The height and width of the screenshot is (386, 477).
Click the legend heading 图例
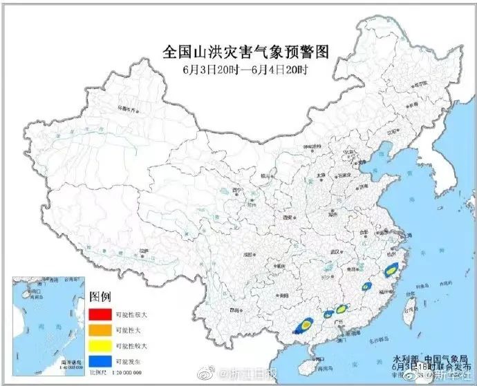point(100,297)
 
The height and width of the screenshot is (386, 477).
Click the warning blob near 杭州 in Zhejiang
point(390,264)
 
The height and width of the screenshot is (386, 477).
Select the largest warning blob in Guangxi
point(303,324)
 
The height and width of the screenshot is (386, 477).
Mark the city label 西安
point(286,218)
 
